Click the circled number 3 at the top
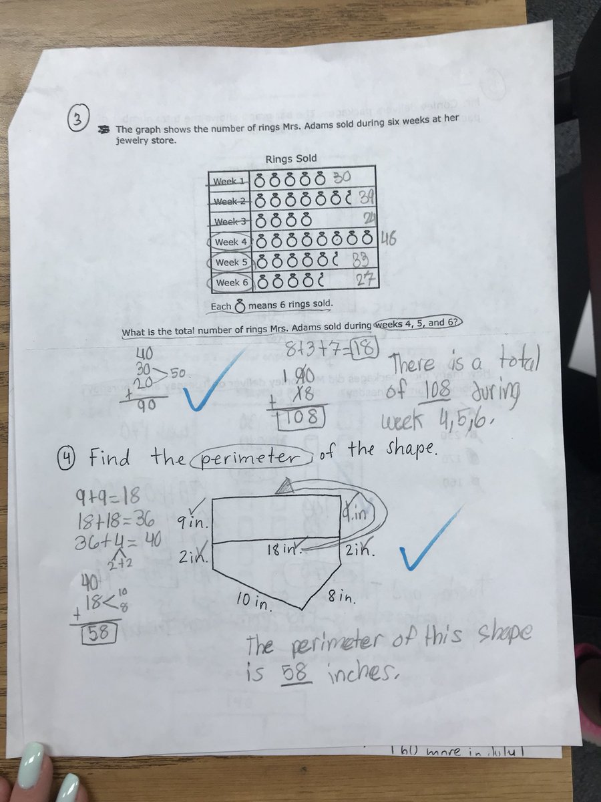[x=79, y=121]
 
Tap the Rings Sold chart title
[x=291, y=158]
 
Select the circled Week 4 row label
[x=230, y=241]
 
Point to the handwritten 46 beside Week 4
[x=389, y=237]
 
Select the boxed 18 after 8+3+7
[x=366, y=348]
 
